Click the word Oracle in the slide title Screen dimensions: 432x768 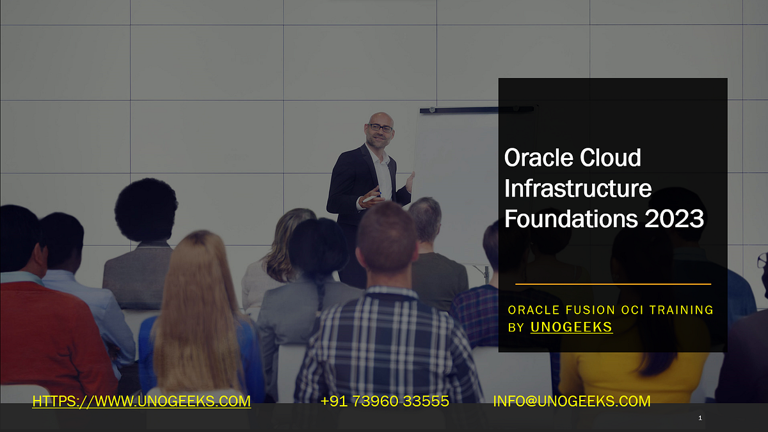538,157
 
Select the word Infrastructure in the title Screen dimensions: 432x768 578,188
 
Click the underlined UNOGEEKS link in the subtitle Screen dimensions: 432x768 571,327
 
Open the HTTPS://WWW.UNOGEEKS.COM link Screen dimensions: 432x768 141,401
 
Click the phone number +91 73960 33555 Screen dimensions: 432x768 384,401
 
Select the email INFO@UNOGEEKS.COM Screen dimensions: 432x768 572,401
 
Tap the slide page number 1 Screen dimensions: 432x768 700,418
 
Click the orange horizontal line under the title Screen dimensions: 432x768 612,284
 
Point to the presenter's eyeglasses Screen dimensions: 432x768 380,128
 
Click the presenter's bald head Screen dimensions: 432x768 380,118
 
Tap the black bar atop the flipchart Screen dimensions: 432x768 477,110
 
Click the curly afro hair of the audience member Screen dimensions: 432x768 146,209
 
